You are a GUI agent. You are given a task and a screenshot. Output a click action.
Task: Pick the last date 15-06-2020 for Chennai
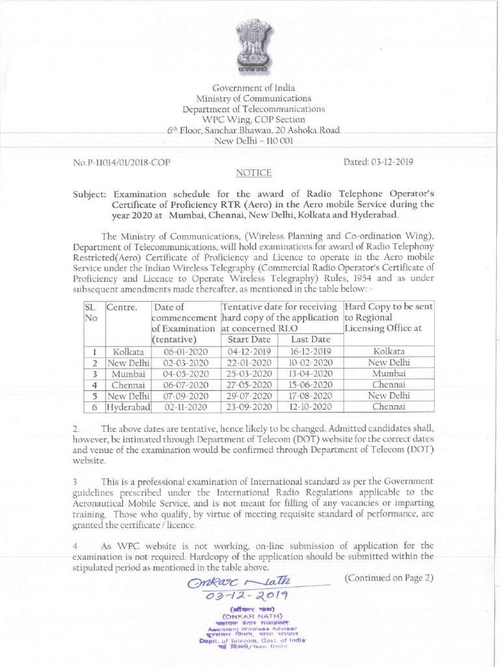pyautogui.click(x=311, y=384)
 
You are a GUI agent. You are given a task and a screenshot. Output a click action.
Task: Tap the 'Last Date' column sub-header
pyautogui.click(x=311, y=339)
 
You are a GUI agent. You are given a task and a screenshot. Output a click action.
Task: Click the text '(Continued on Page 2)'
pyautogui.click(x=389, y=578)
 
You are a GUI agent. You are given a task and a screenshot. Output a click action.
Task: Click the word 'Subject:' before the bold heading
pyautogui.click(x=91, y=194)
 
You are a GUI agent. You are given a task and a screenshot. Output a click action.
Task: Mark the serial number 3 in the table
pyautogui.click(x=94, y=373)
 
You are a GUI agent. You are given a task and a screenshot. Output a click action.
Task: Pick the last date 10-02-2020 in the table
pyautogui.click(x=311, y=362)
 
